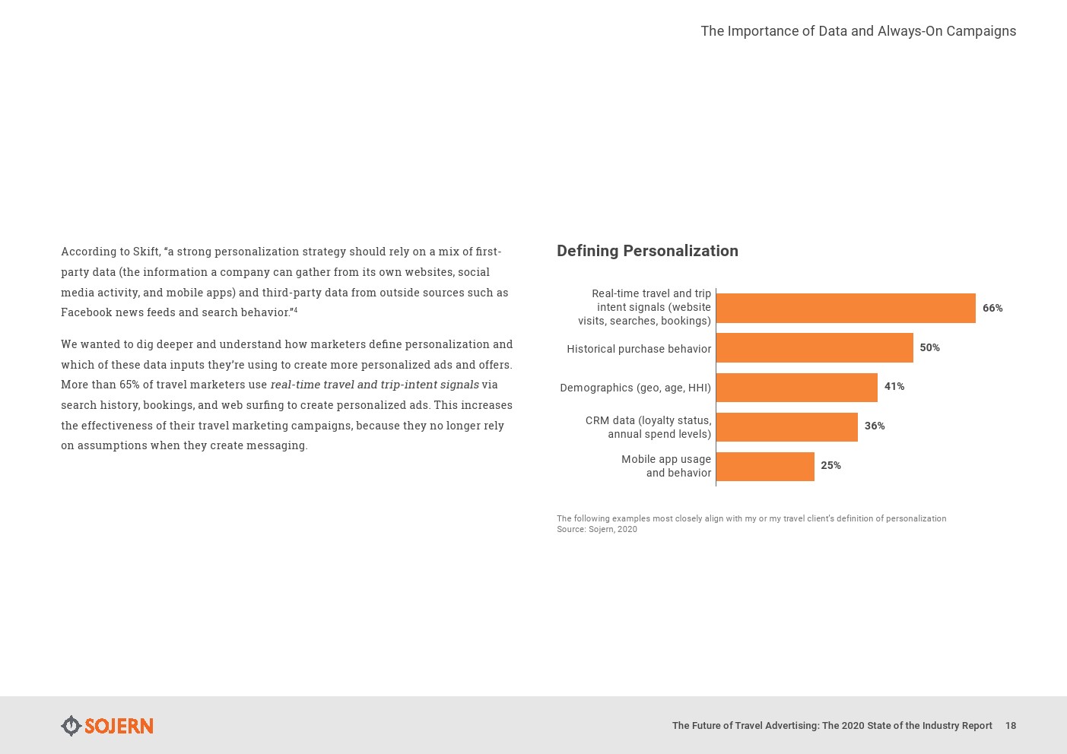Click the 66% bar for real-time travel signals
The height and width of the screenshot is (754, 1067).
[x=845, y=308]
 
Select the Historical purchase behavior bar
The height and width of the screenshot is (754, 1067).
[x=814, y=347]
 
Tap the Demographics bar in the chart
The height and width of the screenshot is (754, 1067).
[x=796, y=387]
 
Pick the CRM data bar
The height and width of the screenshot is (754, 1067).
[x=786, y=426]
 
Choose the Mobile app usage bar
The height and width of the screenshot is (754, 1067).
[x=764, y=466]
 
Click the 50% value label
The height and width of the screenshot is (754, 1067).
[x=929, y=347]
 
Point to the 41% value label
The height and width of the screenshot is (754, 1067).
[x=894, y=386]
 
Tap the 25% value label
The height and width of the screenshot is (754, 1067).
[x=830, y=465]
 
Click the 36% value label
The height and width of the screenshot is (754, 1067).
[x=874, y=426]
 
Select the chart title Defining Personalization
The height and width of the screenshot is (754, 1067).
[x=647, y=251]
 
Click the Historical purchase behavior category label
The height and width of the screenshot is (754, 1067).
[x=638, y=349]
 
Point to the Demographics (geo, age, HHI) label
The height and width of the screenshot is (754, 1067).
[x=635, y=388]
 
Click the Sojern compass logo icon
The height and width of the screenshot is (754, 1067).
[x=71, y=726]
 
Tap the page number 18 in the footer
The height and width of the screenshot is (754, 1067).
[x=1010, y=726]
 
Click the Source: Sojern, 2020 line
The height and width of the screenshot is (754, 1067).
[x=597, y=530]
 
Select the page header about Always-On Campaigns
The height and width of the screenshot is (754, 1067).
[x=858, y=31]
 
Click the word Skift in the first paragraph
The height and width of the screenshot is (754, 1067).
[x=146, y=252]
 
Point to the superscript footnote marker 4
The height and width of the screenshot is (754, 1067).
[x=296, y=309]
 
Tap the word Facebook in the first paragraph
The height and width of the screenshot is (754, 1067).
[x=86, y=312]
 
